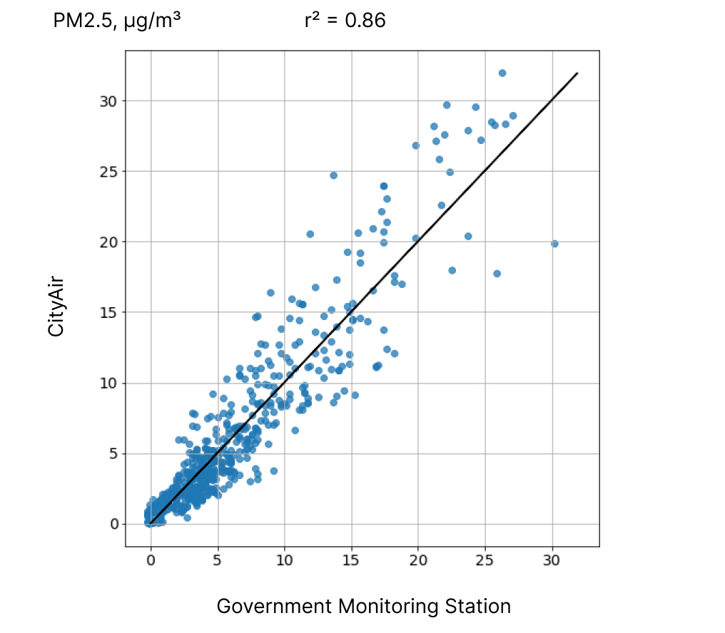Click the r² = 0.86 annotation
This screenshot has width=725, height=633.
coord(345,21)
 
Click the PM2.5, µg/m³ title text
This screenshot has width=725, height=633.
coord(117,21)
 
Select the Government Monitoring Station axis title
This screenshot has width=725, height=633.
coord(363,607)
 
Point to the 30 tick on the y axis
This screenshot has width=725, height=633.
coord(108,101)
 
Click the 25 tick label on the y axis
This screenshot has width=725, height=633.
coord(108,172)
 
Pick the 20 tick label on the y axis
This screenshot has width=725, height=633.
coord(108,242)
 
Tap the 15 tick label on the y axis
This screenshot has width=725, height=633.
coord(108,312)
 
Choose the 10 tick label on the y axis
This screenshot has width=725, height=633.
coord(108,383)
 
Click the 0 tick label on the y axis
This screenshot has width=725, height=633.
coord(112,524)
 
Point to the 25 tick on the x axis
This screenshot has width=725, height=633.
coord(485,561)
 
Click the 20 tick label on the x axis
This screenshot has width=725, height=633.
coord(418,561)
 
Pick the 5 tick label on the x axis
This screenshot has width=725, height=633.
coord(218,561)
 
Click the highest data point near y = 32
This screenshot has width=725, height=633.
coord(502,73)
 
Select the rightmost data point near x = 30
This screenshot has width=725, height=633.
coord(554,244)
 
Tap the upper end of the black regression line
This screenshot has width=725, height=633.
coord(577,73)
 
